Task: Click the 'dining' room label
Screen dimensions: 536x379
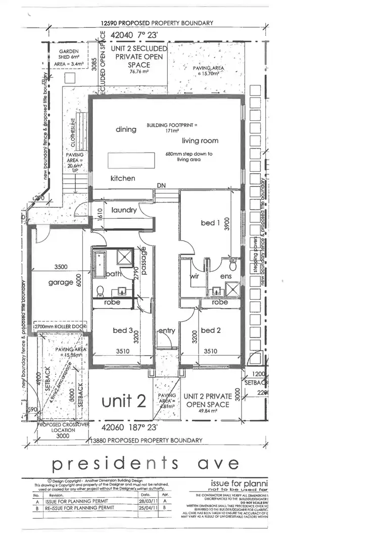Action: pyautogui.click(x=126, y=129)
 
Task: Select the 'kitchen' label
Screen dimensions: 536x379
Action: pyautogui.click(x=123, y=178)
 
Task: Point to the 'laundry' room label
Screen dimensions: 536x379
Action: pyautogui.click(x=124, y=210)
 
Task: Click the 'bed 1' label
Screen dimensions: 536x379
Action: pyautogui.click(x=208, y=222)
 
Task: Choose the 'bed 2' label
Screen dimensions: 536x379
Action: pyautogui.click(x=212, y=330)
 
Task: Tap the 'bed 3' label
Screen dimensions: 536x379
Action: pyautogui.click(x=123, y=330)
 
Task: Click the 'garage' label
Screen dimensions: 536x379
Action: pyautogui.click(x=61, y=282)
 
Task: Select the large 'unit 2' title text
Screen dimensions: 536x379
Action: pyautogui.click(x=124, y=401)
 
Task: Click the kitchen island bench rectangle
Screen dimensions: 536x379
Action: pyautogui.click(x=130, y=161)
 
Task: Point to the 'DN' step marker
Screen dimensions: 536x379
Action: pyautogui.click(x=161, y=186)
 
